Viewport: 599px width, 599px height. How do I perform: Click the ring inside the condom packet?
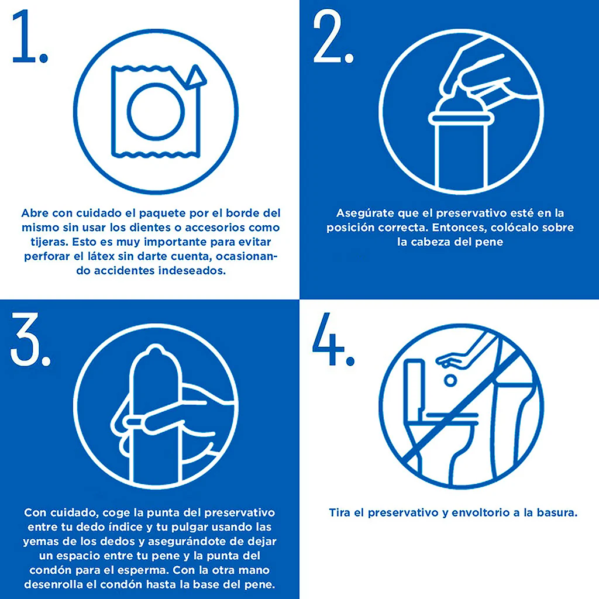click(x=156, y=111)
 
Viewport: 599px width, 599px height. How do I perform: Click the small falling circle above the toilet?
click(x=450, y=380)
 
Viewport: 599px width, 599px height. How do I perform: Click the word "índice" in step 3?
click(x=130, y=527)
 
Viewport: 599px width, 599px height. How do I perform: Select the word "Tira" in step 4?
click(x=340, y=512)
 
